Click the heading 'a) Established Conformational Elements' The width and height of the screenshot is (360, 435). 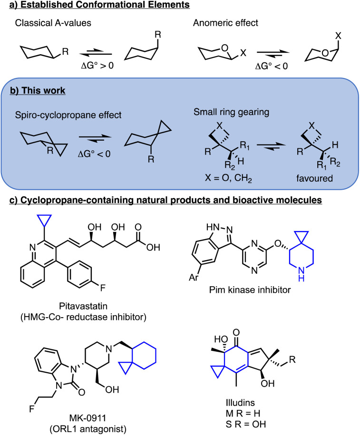[96, 6]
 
